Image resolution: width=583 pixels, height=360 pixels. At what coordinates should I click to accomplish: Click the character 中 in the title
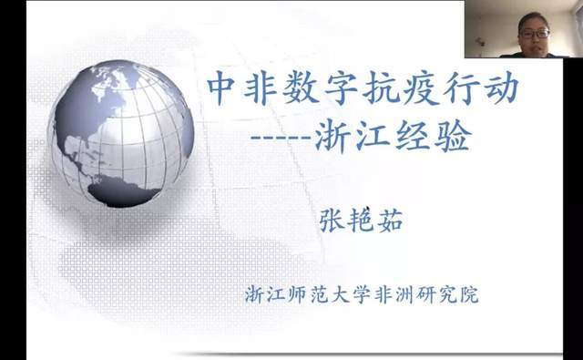tap(223, 89)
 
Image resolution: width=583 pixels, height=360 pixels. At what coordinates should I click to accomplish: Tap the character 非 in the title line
tap(264, 89)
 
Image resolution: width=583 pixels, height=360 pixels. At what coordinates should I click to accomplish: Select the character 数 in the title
tap(306, 89)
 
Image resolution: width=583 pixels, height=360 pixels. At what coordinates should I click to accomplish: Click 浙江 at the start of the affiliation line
tap(265, 295)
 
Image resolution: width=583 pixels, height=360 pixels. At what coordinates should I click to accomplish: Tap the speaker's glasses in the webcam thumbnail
tap(534, 35)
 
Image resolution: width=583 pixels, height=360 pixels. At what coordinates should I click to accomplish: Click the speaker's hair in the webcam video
tap(534, 18)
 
